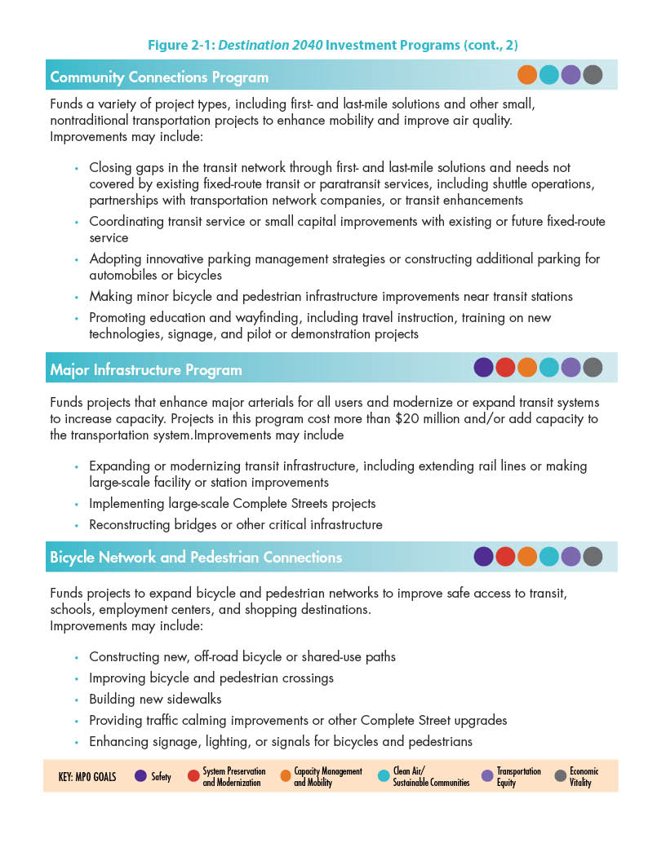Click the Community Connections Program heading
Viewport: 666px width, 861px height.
(159, 77)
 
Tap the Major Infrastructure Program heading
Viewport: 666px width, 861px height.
(146, 369)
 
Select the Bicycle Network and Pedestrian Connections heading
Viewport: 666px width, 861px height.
(196, 558)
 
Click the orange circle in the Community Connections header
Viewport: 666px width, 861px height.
(527, 75)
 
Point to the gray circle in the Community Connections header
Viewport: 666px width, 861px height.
(593, 75)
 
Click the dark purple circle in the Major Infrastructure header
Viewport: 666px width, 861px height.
(483, 368)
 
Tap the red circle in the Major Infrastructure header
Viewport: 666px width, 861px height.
(505, 368)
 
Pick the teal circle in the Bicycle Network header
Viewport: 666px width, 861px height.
(549, 556)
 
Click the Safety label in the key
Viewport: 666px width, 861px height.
(161, 777)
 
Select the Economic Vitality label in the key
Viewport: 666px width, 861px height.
(584, 777)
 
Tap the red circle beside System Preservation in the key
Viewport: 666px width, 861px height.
(193, 776)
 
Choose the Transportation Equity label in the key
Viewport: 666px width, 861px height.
(518, 777)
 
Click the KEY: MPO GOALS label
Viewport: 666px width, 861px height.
(87, 777)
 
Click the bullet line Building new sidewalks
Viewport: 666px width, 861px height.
(155, 699)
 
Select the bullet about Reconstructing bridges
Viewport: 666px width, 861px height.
(235, 524)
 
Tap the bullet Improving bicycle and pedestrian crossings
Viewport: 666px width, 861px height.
(211, 678)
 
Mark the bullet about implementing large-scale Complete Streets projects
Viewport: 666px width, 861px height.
(232, 503)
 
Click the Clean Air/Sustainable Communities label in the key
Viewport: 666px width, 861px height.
(431, 777)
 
